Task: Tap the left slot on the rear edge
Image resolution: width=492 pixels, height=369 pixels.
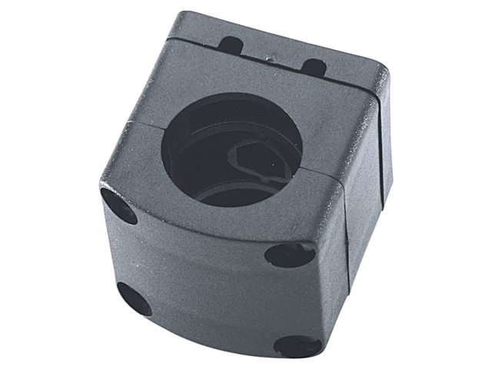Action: [230, 45]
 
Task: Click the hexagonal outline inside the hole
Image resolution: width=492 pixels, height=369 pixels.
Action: [254, 154]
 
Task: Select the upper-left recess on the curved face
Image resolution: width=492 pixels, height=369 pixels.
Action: [118, 205]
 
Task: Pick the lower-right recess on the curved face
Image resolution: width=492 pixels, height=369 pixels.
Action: [298, 345]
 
